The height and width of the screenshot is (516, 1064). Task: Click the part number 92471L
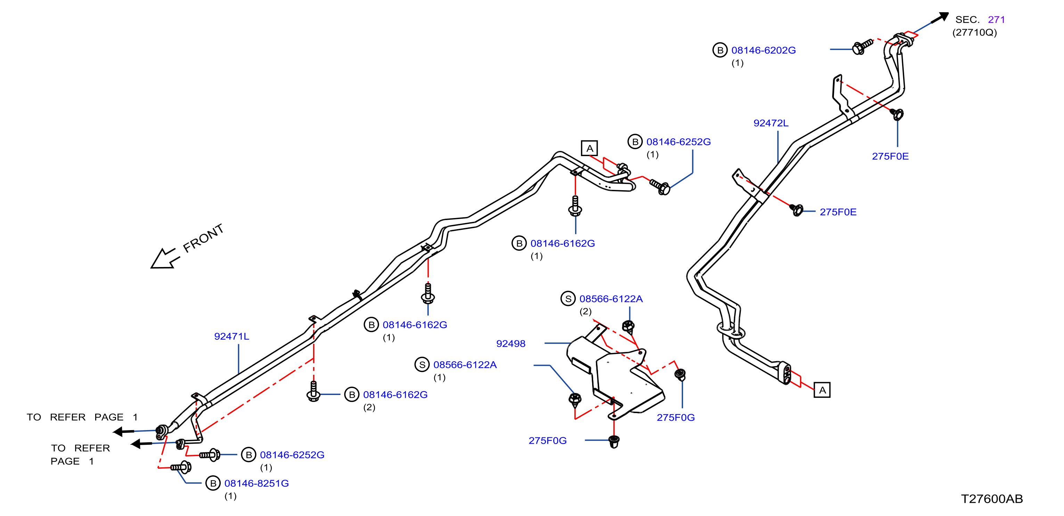click(x=231, y=336)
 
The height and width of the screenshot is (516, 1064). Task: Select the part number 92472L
click(x=771, y=123)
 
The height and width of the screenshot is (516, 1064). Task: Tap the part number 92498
click(x=510, y=344)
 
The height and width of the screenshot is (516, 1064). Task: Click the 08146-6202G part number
click(x=763, y=50)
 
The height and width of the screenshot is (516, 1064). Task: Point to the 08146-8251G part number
click(x=256, y=483)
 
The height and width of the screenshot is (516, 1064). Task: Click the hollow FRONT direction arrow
click(x=164, y=259)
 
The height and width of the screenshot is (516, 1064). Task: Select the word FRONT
click(x=203, y=238)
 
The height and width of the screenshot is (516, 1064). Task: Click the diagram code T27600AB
click(x=992, y=499)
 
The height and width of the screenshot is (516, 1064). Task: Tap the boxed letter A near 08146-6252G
click(x=589, y=148)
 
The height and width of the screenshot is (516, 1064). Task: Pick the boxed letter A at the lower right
click(x=822, y=390)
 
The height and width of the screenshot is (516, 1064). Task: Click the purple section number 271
click(x=996, y=19)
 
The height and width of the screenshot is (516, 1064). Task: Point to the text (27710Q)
click(x=974, y=32)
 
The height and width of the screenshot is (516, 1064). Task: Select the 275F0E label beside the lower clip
click(x=838, y=212)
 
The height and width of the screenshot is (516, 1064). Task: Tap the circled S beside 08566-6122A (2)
click(x=568, y=299)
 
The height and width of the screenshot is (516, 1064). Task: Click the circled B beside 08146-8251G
click(x=213, y=483)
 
